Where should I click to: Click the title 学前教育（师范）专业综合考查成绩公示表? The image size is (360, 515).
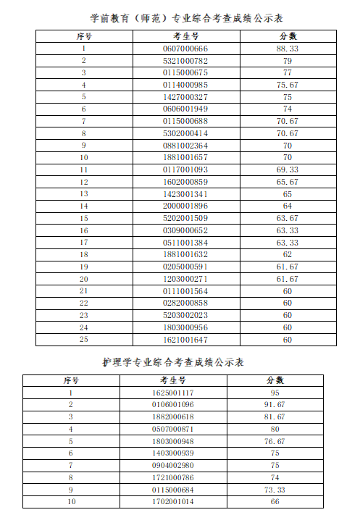click(x=180, y=17)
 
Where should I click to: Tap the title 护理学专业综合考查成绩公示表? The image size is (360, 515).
click(x=173, y=361)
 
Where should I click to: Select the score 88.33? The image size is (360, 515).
click(x=288, y=49)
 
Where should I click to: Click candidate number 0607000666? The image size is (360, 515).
click(x=185, y=49)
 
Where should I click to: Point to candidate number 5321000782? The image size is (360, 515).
click(x=185, y=61)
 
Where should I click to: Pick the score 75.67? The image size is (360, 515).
click(x=288, y=85)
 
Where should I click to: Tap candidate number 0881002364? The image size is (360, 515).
click(x=185, y=145)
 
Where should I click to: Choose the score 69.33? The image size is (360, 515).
click(x=288, y=169)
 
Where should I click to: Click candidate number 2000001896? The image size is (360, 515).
click(x=185, y=206)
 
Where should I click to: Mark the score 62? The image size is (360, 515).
click(x=288, y=254)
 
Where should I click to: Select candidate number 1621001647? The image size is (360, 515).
click(x=185, y=339)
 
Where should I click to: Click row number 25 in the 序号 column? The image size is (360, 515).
click(x=84, y=339)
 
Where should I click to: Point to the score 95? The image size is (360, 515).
click(x=275, y=393)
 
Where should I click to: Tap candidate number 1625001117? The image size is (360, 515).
click(x=173, y=393)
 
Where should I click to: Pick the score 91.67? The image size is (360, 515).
click(x=275, y=404)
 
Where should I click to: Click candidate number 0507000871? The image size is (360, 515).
click(x=173, y=429)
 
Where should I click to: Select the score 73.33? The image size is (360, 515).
click(x=275, y=490)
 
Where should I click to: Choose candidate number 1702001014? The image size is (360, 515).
click(x=173, y=501)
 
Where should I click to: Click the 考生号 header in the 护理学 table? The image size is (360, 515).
click(x=173, y=380)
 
